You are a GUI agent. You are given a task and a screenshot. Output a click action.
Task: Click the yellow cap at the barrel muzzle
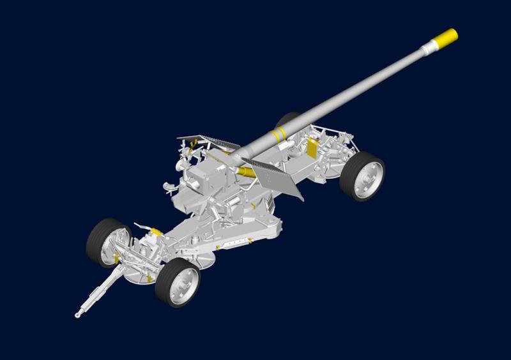coord(446,36)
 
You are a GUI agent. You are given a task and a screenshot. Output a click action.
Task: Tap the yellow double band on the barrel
coord(278,134)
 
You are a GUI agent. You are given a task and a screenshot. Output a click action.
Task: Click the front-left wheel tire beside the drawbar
coord(101,243)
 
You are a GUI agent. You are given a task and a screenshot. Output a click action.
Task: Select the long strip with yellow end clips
coord(236,241)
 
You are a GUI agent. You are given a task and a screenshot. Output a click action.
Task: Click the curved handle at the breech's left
coord(169,186)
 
